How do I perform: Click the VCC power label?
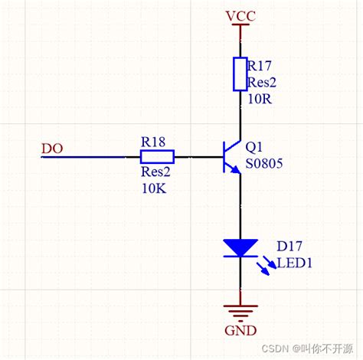point(240,15)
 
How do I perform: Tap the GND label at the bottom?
point(240,332)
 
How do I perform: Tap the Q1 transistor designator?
point(253,145)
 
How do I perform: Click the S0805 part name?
point(265,162)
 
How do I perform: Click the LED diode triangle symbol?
point(240,247)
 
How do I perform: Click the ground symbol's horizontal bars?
point(240,311)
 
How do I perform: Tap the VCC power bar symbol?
point(240,28)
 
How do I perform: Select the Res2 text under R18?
point(155,173)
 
